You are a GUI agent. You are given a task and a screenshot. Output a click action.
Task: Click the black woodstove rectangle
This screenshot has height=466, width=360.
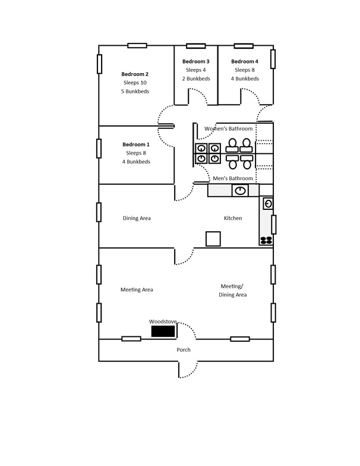coord(163,331)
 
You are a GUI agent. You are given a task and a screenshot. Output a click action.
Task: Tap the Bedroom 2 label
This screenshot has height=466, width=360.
coord(135,74)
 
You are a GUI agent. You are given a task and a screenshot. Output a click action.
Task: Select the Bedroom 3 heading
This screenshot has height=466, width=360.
coord(196,62)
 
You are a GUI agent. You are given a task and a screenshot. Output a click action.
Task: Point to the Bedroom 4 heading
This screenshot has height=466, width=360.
coord(245,62)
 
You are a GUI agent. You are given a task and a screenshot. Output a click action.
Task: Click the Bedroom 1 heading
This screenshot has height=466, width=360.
coord(136,144)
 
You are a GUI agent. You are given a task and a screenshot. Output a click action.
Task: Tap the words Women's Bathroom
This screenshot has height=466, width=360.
coord(228,128)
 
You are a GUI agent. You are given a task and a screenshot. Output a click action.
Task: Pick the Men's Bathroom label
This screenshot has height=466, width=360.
coord(233,178)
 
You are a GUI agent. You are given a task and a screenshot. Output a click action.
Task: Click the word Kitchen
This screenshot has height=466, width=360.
coord(233,218)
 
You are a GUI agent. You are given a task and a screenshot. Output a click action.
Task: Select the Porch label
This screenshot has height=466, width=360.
coord(184,349)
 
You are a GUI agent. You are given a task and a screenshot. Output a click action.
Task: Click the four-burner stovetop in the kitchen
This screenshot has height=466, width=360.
coord(266,240)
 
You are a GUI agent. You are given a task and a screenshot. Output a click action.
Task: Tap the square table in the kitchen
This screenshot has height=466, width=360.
coord(213,239)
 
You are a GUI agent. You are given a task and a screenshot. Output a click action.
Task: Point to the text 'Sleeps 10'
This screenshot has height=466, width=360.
coord(135,83)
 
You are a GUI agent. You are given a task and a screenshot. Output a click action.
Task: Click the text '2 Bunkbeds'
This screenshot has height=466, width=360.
coord(196,78)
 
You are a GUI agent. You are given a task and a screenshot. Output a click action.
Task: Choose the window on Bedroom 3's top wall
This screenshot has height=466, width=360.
coord(196,46)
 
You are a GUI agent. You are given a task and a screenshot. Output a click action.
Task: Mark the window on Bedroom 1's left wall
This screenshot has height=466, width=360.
coord(99,149)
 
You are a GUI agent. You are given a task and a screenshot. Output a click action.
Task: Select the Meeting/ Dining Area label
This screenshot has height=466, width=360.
coord(233,290)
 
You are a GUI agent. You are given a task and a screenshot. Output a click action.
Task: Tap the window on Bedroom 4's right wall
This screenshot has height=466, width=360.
coord(273,59)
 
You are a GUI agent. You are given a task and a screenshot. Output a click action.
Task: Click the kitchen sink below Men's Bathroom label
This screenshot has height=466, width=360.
coord(240,190)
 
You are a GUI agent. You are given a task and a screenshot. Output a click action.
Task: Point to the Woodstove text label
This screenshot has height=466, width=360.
coord(163,322)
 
